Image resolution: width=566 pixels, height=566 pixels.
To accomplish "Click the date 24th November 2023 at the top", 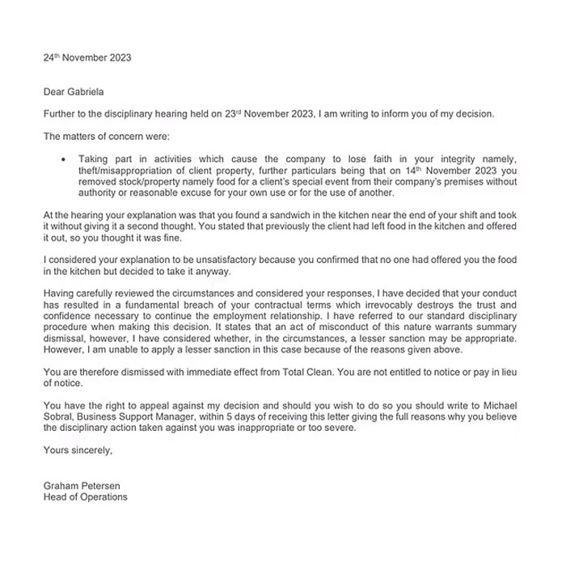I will pos(87,58).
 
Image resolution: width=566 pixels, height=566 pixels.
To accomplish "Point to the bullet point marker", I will pos(64,160).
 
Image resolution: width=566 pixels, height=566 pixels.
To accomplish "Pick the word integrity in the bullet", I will pos(467,160).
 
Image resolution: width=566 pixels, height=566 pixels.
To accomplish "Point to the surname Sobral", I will pos(61,416).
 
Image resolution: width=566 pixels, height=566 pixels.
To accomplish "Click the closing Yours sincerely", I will pos(78,450).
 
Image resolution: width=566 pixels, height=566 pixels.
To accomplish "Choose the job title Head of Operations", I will pos(85,496).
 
